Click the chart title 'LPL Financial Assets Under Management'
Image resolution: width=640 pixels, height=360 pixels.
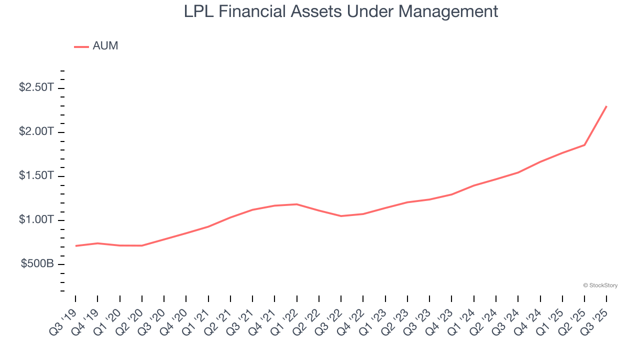(x=341, y=11)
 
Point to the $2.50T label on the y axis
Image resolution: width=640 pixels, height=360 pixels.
(x=36, y=87)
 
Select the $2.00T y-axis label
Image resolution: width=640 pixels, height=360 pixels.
(x=36, y=131)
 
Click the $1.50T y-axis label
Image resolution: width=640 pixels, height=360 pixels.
(x=36, y=176)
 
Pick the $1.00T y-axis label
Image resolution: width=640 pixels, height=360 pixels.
(x=36, y=220)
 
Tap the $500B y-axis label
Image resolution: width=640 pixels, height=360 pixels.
(x=37, y=264)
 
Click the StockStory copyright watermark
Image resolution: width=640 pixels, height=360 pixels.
(x=600, y=285)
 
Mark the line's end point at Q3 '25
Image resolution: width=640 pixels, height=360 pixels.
(x=606, y=106)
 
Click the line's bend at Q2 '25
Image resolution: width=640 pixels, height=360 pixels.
(x=584, y=145)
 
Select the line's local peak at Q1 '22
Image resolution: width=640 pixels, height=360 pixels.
(x=297, y=204)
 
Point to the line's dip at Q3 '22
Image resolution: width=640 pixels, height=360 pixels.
(x=341, y=216)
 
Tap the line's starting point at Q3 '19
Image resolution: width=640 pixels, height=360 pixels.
(x=75, y=246)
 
